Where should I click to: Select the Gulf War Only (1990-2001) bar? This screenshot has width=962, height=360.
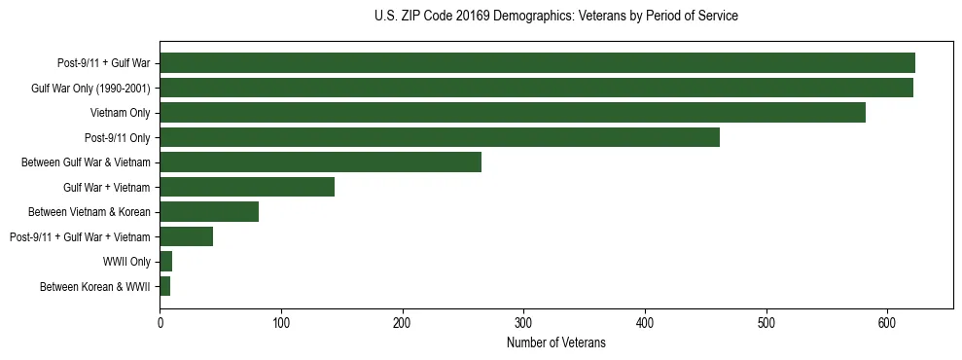pyautogui.click(x=536, y=88)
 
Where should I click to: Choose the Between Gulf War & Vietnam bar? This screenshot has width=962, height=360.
pyautogui.click(x=320, y=162)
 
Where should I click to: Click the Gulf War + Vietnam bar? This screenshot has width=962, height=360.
pyautogui.click(x=247, y=187)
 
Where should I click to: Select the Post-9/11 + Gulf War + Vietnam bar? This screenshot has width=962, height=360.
pyautogui.click(x=186, y=236)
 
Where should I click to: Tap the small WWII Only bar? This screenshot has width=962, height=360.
pyautogui.click(x=165, y=262)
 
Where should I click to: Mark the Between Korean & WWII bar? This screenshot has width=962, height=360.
pyautogui.click(x=164, y=286)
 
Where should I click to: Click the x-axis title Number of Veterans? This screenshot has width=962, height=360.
pyautogui.click(x=555, y=343)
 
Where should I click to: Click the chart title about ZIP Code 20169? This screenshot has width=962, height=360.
pyautogui.click(x=555, y=17)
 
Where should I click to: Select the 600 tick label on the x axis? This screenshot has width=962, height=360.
pyautogui.click(x=887, y=322)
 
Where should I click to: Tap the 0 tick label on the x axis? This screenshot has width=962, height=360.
pyautogui.click(x=160, y=322)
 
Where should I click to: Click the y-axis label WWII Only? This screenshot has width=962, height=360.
pyautogui.click(x=126, y=262)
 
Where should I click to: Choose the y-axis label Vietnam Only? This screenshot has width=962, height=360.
pyautogui.click(x=121, y=113)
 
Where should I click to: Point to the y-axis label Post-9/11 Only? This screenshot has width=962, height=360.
pyautogui.click(x=118, y=137)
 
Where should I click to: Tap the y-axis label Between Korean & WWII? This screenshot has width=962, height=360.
pyautogui.click(x=94, y=286)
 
